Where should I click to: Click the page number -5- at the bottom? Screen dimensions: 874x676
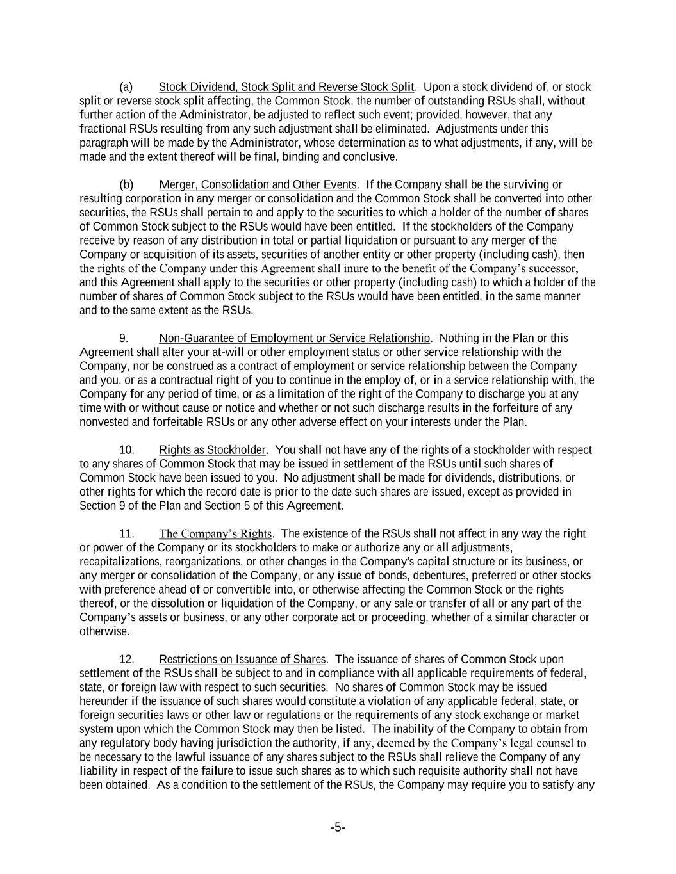tap(338, 828)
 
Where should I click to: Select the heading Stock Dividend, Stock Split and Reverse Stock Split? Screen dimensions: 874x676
tap(286, 87)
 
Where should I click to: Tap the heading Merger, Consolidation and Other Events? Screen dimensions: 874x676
tap(258, 185)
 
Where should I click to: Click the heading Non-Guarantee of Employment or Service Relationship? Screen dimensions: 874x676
tap(294, 338)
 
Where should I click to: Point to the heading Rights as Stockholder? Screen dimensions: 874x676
tap(212, 450)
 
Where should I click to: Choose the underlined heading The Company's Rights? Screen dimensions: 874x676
tap(215, 534)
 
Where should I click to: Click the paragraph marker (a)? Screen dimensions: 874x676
tap(126, 87)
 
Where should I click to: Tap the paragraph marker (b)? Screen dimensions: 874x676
tap(126, 185)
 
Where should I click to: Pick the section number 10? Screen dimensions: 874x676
tap(127, 450)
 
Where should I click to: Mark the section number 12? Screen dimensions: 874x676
tap(127, 660)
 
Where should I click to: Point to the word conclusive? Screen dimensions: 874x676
tap(370, 157)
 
